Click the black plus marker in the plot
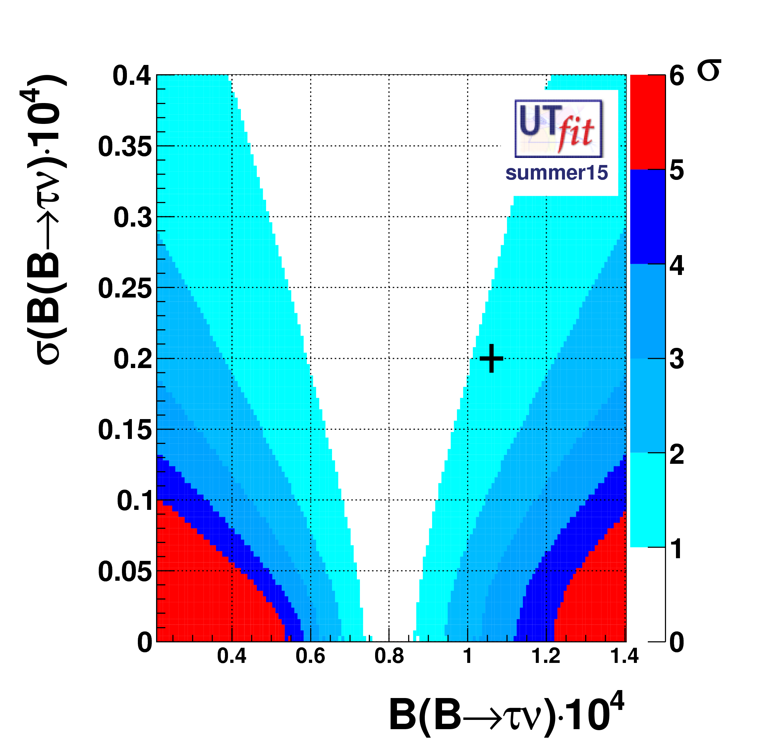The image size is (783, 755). tap(491, 358)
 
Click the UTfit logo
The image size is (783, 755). tap(558, 128)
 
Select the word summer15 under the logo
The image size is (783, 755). tap(556, 173)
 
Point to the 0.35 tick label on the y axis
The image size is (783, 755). tap(125, 147)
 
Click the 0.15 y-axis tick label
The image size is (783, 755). tap(125, 430)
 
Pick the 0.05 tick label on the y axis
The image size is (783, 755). tap(125, 572)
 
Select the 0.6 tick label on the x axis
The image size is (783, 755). tap(310, 656)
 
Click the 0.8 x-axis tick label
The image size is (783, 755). tap(389, 656)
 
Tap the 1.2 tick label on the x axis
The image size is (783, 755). tap(546, 656)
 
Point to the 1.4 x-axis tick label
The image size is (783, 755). tap(624, 656)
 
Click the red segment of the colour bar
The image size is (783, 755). tap(647, 122)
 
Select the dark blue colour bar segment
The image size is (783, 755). tap(647, 217)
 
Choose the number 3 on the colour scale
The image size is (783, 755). tap(677, 359)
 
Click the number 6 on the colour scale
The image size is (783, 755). tap(677, 76)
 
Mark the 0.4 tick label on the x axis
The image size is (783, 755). tap(232, 656)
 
